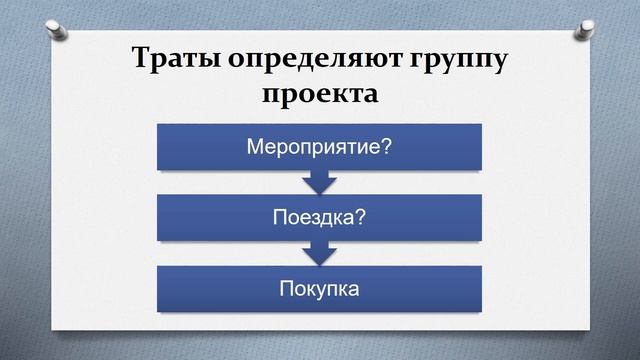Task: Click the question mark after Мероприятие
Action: [386, 147]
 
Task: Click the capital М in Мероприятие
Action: [256, 147]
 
